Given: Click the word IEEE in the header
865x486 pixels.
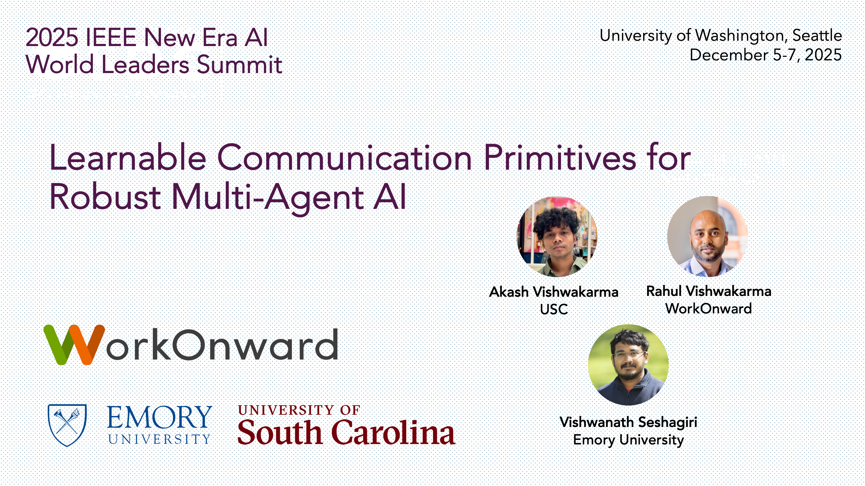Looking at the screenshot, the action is coord(111,37).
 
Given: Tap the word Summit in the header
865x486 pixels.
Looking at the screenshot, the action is coord(239,64).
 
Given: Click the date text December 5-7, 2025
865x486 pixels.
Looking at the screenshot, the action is coord(766,55).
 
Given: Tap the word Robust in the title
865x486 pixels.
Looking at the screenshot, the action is coord(105,197).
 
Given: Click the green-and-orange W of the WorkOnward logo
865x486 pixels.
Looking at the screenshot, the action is coord(74,344).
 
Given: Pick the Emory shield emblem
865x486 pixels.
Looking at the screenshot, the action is coord(67,425).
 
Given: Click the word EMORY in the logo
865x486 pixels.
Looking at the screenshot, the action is coord(159,417).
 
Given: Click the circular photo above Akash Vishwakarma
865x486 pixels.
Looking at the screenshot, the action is coord(557,237).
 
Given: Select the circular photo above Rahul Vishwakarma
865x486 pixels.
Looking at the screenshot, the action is coord(707,236).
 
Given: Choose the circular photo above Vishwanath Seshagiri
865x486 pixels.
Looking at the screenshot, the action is coord(628,365).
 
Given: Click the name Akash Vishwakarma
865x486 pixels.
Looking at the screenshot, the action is coord(554,292).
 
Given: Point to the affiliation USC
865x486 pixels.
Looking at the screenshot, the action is coord(554,309).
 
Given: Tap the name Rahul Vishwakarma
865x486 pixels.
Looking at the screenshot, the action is coord(709,291).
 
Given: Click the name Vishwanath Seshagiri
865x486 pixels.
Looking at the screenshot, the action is coord(628,422).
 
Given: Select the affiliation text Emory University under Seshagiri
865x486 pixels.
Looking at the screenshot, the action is coord(628,440).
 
